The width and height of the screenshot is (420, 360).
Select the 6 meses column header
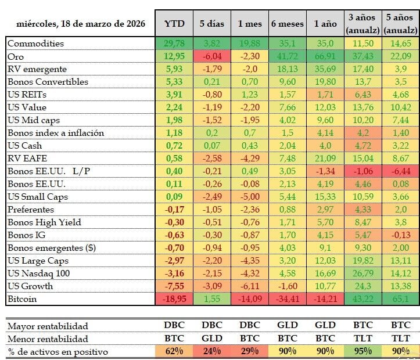(287, 24)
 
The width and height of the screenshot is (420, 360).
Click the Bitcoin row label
(23, 298)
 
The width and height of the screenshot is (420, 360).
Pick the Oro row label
(16, 56)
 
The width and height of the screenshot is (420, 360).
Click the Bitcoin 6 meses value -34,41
(287, 298)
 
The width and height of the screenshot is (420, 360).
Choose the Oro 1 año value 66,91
(325, 56)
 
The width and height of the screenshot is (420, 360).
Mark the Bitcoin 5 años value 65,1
(401, 298)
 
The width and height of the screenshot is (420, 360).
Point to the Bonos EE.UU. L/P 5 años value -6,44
(401, 171)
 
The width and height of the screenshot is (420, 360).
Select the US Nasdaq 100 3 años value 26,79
(363, 273)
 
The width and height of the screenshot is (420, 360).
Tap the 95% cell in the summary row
(363, 351)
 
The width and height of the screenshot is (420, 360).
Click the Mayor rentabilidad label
(48, 326)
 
